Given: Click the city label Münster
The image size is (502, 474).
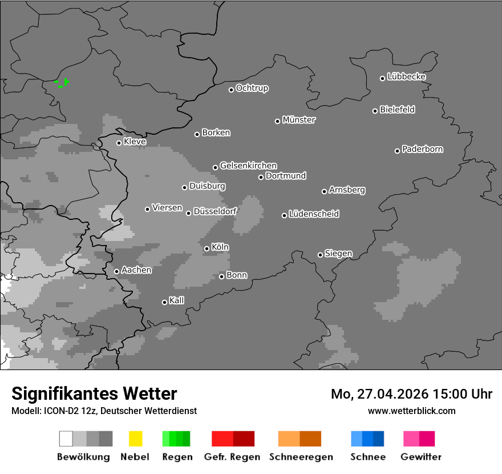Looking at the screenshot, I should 299,120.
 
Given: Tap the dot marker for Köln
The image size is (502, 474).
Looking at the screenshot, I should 207,248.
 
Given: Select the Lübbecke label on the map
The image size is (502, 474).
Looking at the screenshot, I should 406,77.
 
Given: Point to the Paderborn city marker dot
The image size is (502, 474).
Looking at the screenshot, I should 397,151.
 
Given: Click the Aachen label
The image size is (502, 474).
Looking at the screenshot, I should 136,270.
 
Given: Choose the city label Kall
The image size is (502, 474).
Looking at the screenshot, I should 177,300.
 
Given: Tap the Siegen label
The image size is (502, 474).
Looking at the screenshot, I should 338,254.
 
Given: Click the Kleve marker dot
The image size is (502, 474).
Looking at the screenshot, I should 119,143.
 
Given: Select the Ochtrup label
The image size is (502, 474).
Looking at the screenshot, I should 252,88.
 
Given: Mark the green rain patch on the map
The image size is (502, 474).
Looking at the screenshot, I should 62,83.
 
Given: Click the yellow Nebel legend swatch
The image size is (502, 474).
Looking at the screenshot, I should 135,439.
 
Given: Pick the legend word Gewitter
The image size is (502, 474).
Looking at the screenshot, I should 421,457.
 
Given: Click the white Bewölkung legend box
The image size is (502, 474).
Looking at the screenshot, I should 66,439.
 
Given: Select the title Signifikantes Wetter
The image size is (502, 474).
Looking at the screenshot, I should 94,393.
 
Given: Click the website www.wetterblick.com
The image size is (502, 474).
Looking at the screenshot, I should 411,411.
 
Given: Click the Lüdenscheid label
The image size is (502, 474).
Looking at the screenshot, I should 314,214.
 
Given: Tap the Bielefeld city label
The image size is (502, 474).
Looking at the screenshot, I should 397,110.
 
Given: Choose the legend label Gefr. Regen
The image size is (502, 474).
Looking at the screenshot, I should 232,457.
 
